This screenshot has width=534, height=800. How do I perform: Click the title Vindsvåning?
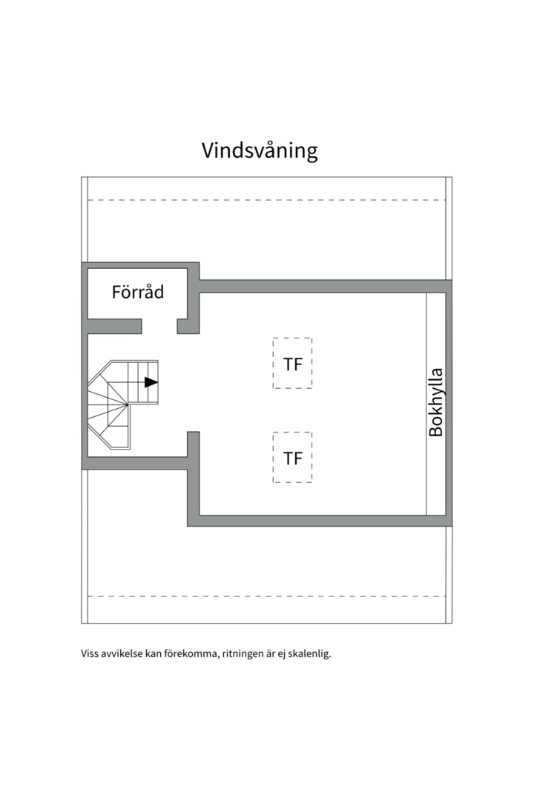click(260, 150)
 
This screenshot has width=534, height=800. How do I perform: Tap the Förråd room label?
click(138, 292)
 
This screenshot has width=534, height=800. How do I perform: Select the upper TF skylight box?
click(292, 363)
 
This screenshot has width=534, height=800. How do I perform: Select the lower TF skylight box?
click(292, 458)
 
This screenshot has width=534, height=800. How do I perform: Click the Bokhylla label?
click(436, 401)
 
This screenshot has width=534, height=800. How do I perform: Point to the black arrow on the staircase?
click(151, 382)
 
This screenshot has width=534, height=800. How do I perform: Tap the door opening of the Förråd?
click(159, 326)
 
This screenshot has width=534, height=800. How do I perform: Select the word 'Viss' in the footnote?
click(90, 654)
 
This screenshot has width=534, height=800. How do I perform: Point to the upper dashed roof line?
click(267, 200)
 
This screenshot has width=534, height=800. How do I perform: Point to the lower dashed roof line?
click(267, 596)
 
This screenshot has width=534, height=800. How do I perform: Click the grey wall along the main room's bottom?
click(319, 521)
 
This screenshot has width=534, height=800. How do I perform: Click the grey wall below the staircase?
click(133, 463)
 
